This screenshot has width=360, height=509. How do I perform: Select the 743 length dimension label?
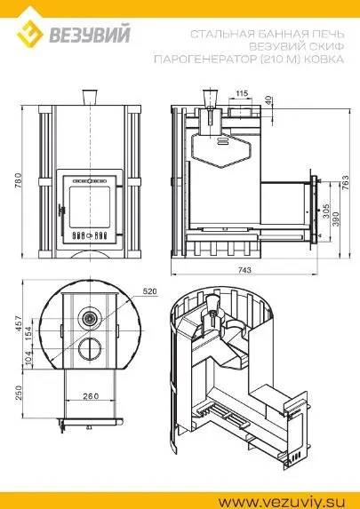244,270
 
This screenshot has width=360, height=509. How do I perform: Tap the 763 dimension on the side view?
345,183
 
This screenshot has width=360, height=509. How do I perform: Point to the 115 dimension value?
242,93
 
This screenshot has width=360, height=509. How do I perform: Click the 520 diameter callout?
150,290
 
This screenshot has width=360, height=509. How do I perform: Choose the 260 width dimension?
91,396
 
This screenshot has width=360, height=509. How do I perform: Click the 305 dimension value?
326,211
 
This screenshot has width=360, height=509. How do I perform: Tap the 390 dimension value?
336,219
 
